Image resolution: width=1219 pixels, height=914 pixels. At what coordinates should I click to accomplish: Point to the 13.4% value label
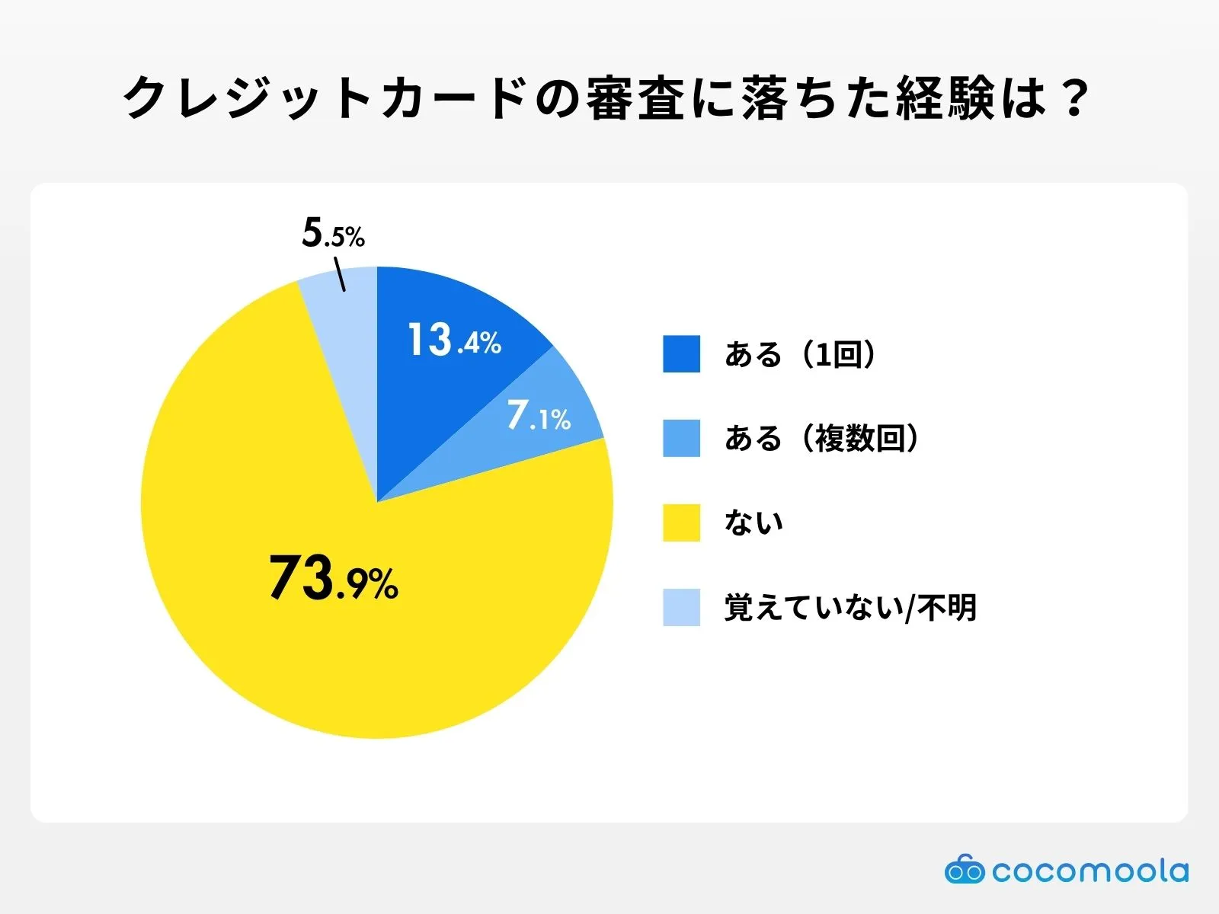[x=454, y=340]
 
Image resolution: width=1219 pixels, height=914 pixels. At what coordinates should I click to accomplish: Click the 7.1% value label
[x=539, y=417]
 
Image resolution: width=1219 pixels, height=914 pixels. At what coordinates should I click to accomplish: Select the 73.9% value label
[x=333, y=579]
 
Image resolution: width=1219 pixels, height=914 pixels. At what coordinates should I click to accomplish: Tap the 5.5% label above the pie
[x=333, y=233]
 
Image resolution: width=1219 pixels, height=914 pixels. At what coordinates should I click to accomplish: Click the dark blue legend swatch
[x=681, y=354]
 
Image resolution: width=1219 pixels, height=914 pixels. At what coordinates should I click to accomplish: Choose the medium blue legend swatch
[x=681, y=438]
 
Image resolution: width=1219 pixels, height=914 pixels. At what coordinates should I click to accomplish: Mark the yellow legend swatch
[x=681, y=523]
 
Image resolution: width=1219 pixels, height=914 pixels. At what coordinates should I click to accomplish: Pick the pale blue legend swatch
[x=681, y=607]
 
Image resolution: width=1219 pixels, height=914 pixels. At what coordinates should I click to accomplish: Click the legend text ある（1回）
[x=800, y=354]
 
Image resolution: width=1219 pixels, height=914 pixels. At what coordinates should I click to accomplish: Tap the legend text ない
[x=753, y=523]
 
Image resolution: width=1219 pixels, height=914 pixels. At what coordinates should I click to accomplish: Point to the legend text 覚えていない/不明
[x=850, y=607]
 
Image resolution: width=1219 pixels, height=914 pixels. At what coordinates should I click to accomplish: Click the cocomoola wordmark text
[x=1089, y=871]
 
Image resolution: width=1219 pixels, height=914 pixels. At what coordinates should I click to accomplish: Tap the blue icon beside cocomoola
[x=964, y=870]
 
